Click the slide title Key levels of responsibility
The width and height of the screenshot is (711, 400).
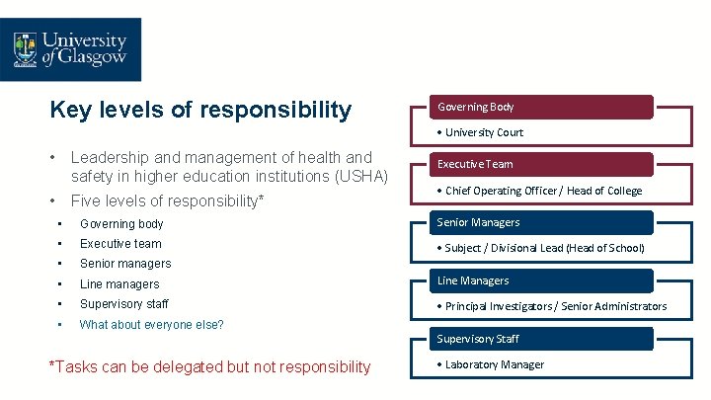tap(200, 110)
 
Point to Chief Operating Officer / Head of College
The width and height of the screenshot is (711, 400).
tap(543, 191)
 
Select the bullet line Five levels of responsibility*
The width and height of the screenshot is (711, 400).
tap(167, 200)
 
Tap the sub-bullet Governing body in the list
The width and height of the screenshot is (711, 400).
tap(121, 224)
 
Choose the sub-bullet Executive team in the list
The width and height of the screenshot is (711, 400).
tap(120, 244)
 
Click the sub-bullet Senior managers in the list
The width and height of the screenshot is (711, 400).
tap(125, 264)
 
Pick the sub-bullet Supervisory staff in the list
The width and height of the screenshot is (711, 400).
tap(124, 304)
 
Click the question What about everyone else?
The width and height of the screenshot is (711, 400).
tap(151, 325)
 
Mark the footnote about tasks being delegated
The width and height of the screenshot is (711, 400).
tap(210, 367)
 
